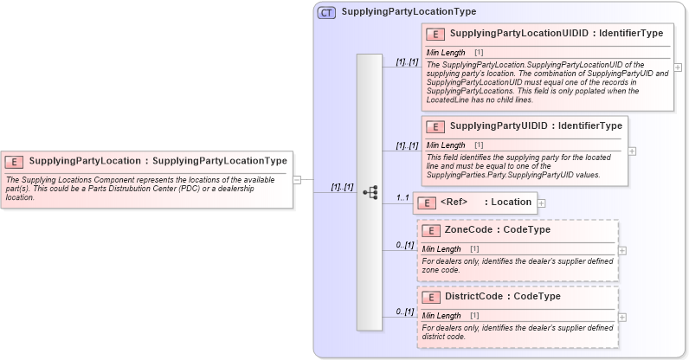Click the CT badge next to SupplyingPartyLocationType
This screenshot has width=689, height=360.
click(x=326, y=12)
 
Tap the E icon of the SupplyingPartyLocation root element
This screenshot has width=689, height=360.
click(x=15, y=161)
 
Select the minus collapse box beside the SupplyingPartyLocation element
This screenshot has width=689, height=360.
click(x=297, y=180)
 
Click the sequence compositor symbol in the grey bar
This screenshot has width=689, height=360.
click(x=370, y=192)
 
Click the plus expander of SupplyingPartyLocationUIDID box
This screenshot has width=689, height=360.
click(x=678, y=67)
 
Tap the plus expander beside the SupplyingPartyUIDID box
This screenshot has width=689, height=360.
click(x=633, y=150)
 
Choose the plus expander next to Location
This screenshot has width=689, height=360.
click(x=542, y=202)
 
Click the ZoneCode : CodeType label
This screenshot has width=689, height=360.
click(x=497, y=230)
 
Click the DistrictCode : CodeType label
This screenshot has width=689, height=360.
click(x=502, y=296)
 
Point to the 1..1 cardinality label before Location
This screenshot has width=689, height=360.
click(x=402, y=198)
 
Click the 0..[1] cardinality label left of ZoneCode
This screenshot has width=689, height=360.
click(x=404, y=245)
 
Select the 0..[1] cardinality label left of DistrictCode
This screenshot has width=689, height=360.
click(x=404, y=312)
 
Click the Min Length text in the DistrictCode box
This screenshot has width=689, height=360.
click(x=441, y=316)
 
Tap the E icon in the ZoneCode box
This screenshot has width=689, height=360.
click(x=432, y=230)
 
